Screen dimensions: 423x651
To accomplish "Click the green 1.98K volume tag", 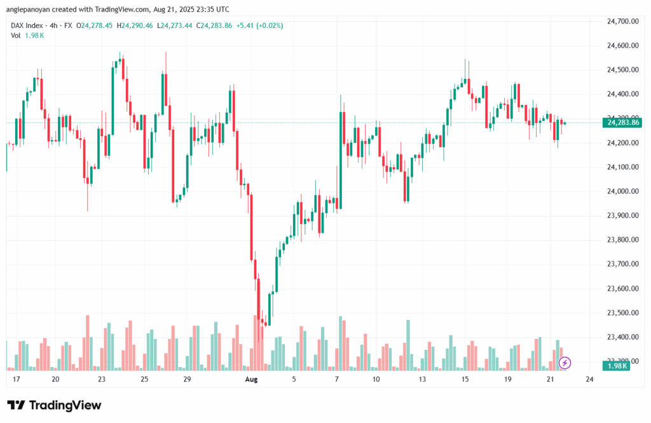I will click(x=619, y=366).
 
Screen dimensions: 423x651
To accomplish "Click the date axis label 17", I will click(x=17, y=379).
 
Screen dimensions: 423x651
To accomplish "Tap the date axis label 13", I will click(x=421, y=379).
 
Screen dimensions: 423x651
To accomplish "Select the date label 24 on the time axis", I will click(x=589, y=379).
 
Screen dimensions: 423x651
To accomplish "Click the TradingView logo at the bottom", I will click(x=54, y=405).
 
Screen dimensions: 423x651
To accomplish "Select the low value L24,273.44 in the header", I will click(x=175, y=25).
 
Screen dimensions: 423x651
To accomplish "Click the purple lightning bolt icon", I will click(x=565, y=363).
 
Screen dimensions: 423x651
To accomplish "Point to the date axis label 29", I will click(x=187, y=379).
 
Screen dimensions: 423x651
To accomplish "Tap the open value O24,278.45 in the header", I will click(x=95, y=25).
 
